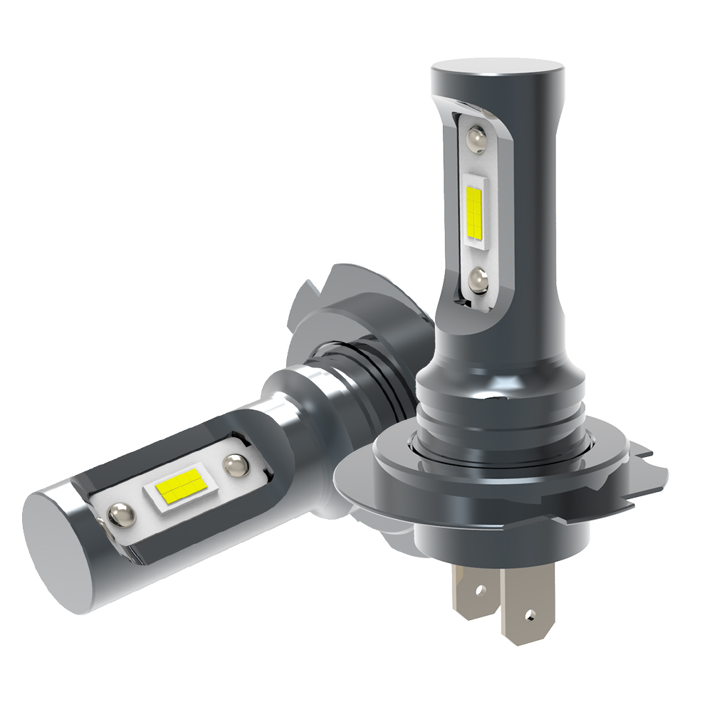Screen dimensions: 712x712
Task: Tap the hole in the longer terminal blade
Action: [528, 613]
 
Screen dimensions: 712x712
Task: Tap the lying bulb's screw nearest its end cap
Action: [120, 511]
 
